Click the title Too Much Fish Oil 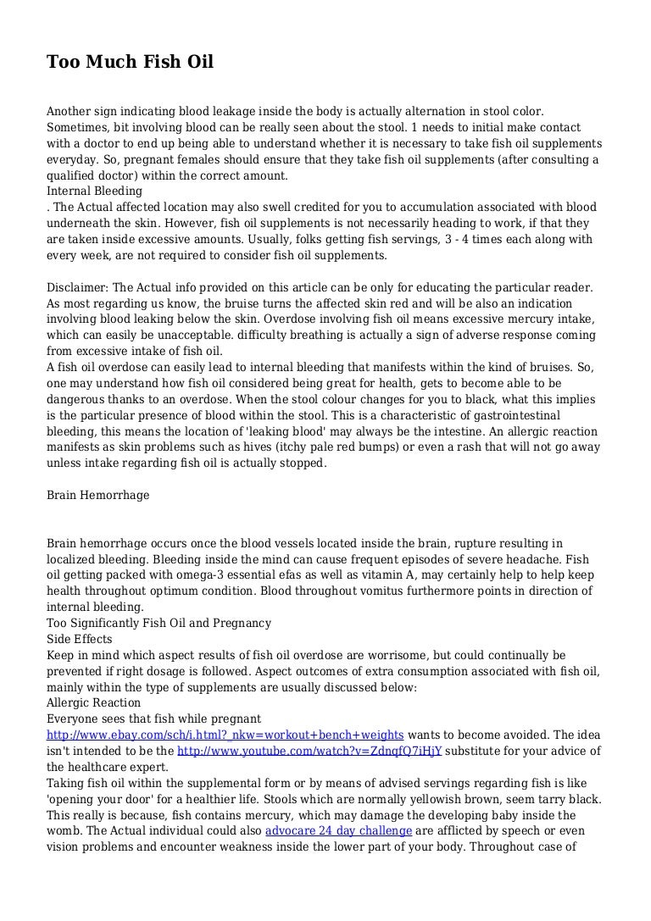point(130,62)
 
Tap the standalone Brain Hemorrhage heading point(97,495)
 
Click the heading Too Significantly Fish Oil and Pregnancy point(159,623)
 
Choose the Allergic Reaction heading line point(93,703)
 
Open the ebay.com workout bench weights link point(225,735)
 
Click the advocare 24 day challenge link point(338,831)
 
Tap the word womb point(63,831)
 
